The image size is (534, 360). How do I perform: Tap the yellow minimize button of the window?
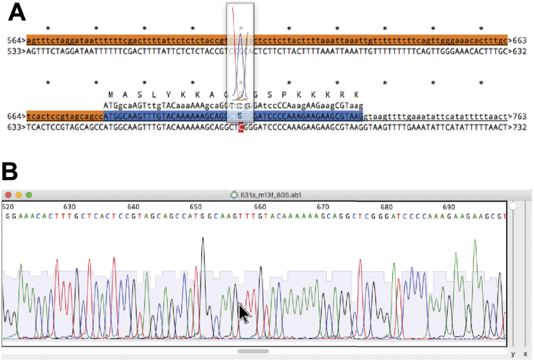point(19,195)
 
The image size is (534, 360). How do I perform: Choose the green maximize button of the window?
point(29,195)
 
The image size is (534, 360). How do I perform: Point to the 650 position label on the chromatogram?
point(196,206)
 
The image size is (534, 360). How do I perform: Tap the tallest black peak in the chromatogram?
point(203,240)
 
